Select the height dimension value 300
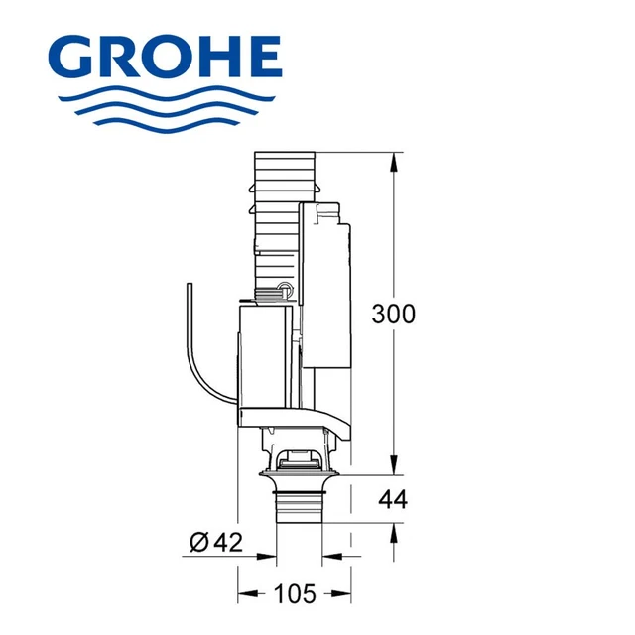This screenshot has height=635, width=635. point(393,314)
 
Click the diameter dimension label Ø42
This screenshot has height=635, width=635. point(215,542)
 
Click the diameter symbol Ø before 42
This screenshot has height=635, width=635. point(197,542)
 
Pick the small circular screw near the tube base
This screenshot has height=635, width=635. point(286,291)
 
